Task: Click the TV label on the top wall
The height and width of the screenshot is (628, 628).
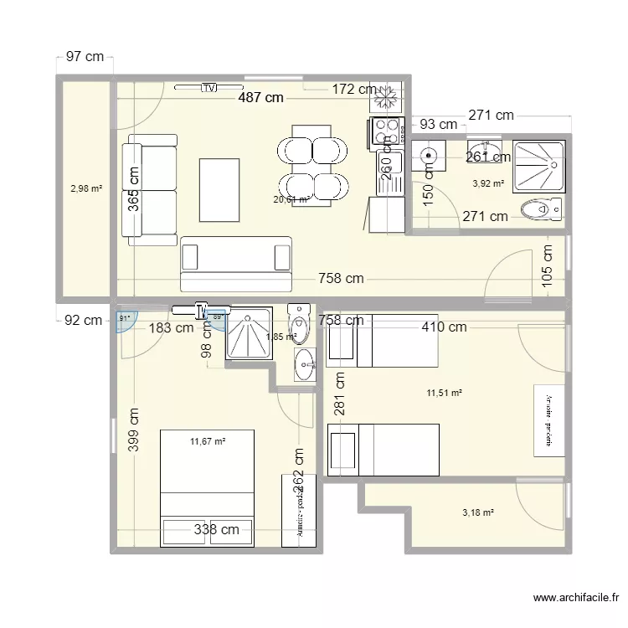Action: (x=208, y=87)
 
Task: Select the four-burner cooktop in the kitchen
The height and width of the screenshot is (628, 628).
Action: (x=386, y=131)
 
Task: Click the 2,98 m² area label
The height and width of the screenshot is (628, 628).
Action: (x=85, y=189)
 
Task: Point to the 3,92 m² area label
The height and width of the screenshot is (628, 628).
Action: (x=488, y=183)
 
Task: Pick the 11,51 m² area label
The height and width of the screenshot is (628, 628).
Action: (x=445, y=392)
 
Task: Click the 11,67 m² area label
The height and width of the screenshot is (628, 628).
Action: (x=208, y=440)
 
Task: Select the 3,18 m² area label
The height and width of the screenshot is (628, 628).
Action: (x=477, y=512)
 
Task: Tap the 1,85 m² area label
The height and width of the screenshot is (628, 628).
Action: (x=281, y=337)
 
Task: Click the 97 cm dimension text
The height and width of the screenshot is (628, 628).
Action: (x=85, y=57)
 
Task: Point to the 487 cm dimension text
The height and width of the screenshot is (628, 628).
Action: (x=260, y=98)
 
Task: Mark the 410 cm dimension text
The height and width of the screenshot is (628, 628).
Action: (x=444, y=327)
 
